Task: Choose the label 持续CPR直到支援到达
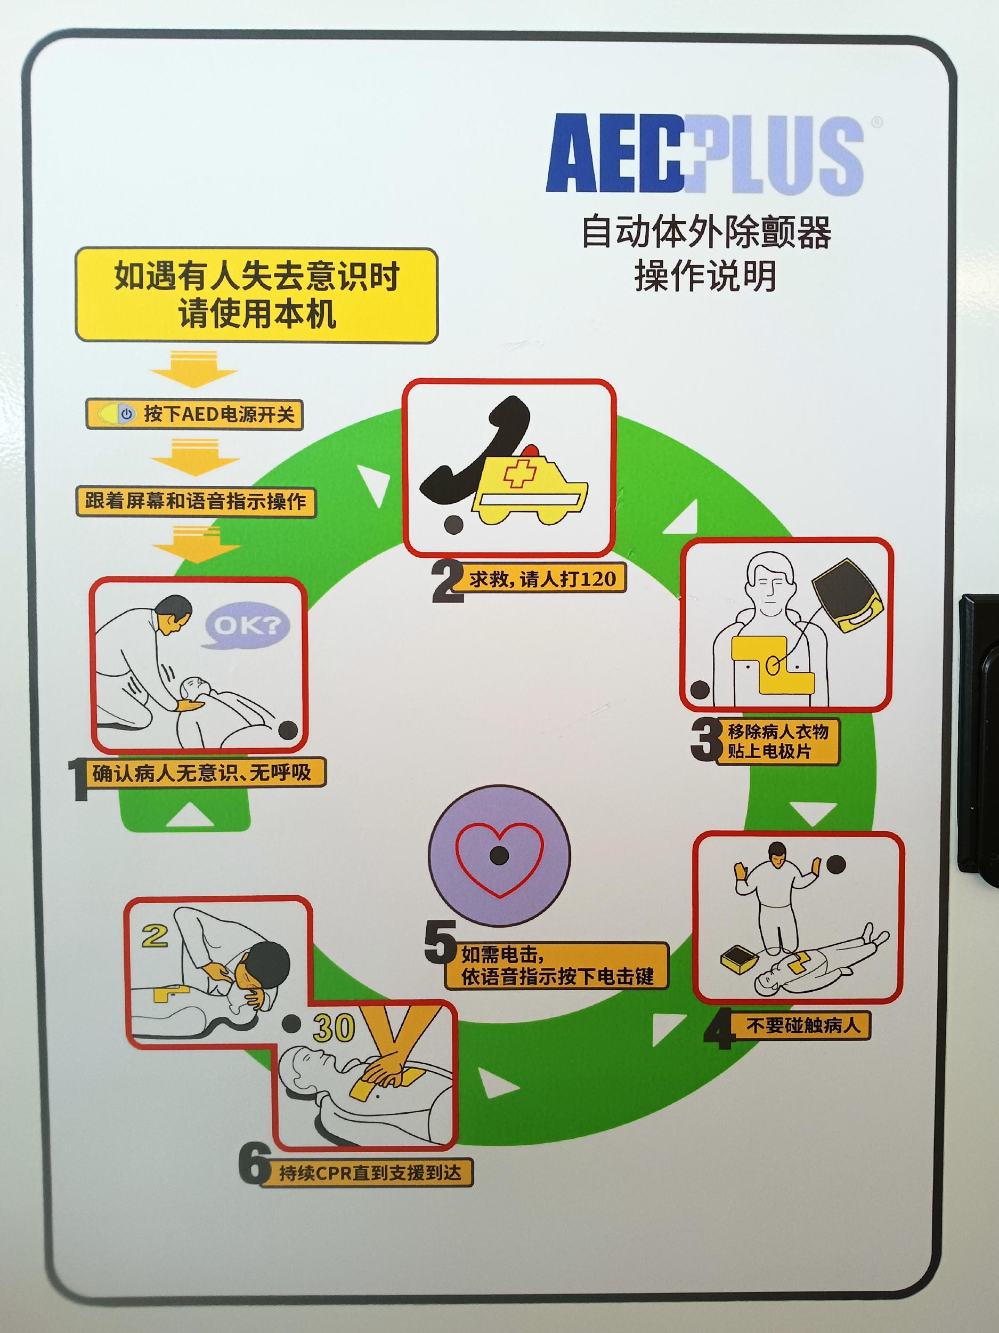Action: click(369, 1172)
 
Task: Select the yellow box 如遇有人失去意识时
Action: click(256, 295)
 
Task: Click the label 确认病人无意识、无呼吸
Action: click(201, 773)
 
